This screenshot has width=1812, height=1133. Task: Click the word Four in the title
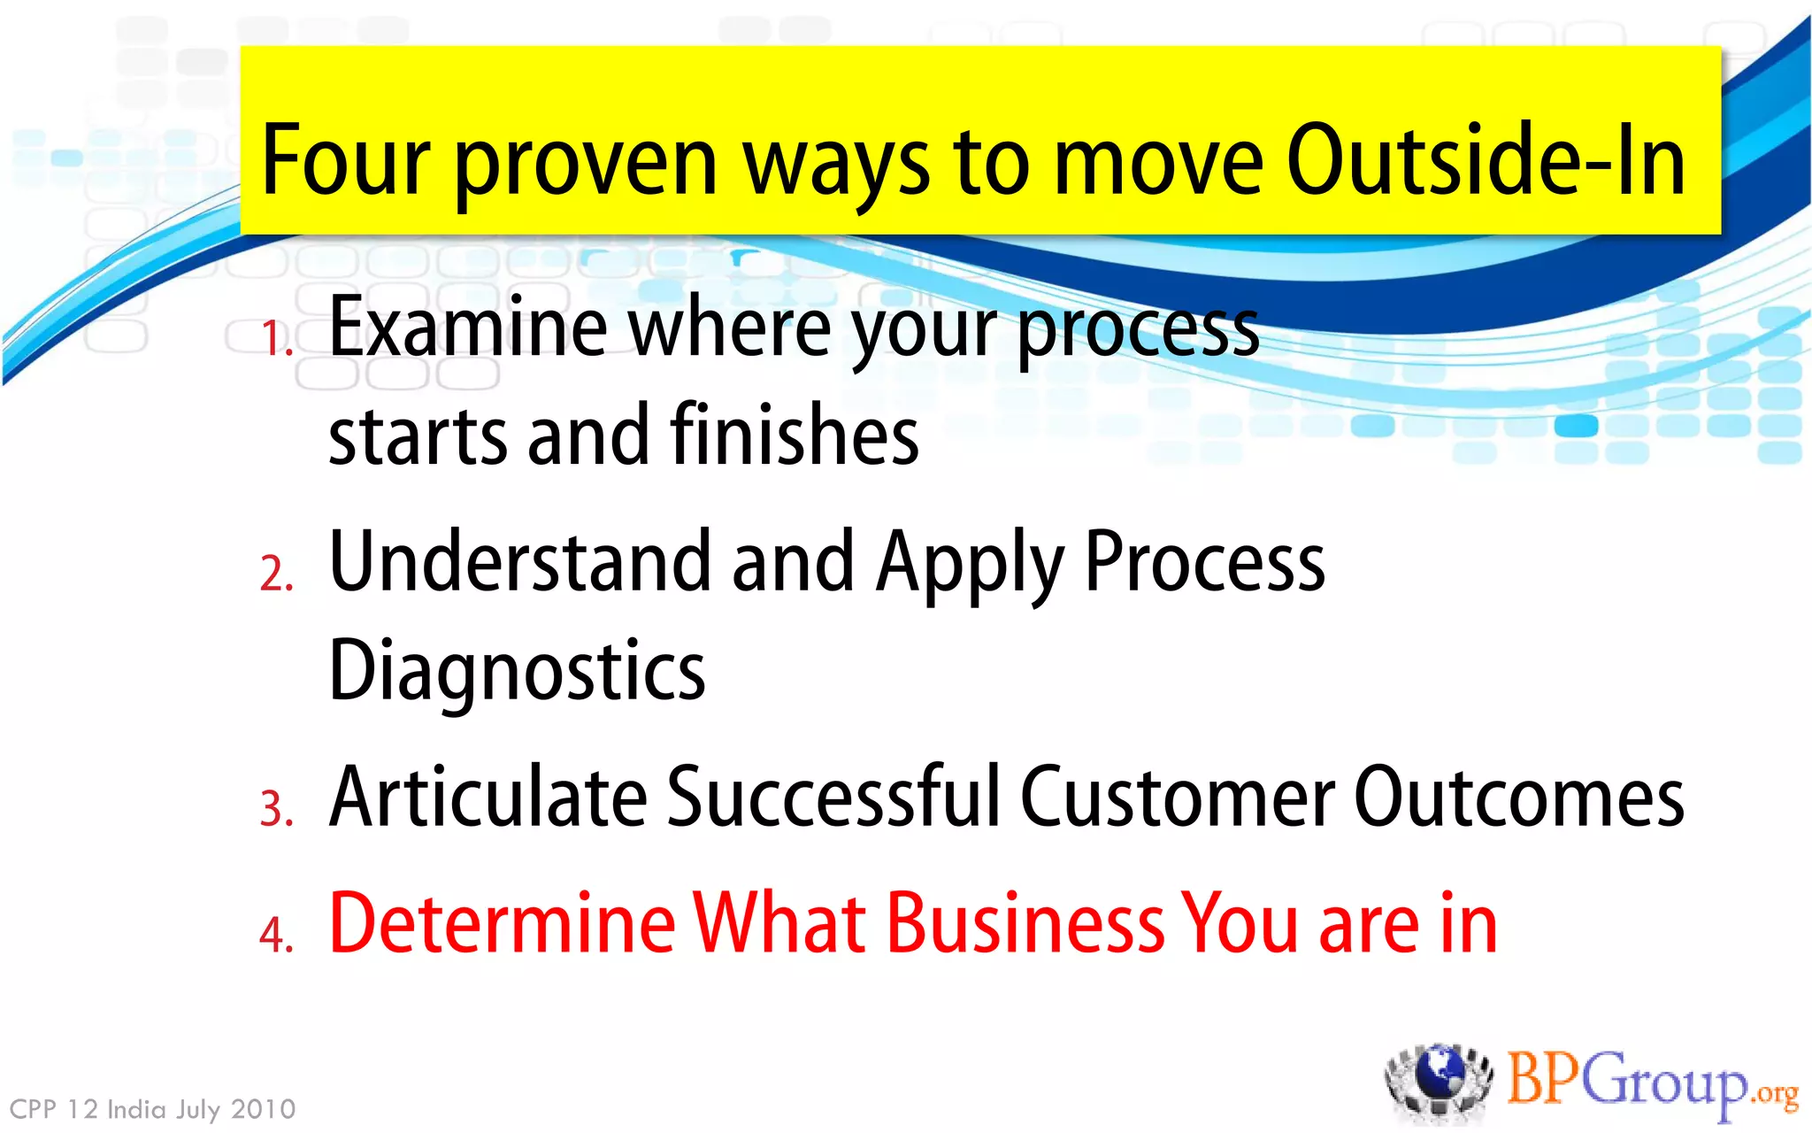[346, 161]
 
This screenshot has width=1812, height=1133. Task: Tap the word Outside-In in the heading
[1486, 161]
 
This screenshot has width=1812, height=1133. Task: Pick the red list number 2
[275, 574]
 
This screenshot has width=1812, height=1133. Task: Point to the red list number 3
[275, 809]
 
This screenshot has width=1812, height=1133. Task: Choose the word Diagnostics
[517, 671]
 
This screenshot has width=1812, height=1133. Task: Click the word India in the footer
[136, 1109]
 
